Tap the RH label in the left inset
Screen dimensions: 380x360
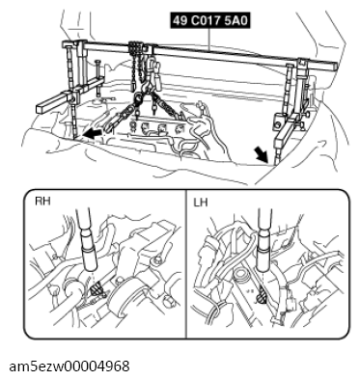click(44, 203)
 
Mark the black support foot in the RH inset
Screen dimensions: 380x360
click(97, 289)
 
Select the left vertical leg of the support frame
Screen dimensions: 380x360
click(73, 96)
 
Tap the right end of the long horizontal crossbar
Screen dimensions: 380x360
click(331, 66)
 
